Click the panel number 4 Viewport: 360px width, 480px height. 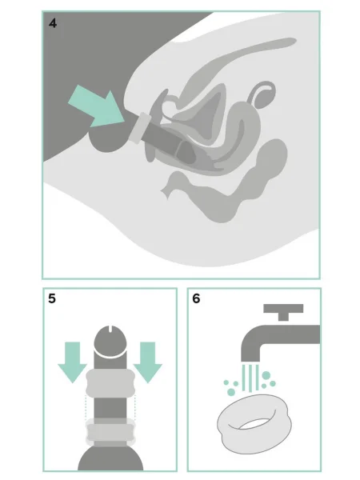click(53, 23)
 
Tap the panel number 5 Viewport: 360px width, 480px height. click(52, 298)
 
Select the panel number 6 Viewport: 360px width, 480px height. click(196, 298)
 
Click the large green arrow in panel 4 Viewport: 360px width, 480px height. click(97, 106)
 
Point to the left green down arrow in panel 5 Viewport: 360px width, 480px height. click(73, 362)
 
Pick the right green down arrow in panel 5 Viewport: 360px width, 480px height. click(148, 362)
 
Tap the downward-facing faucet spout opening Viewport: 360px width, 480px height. click(250, 361)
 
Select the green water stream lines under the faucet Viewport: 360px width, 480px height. click(250, 378)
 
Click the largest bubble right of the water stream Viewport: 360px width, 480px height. click(266, 375)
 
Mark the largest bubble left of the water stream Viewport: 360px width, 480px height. click(231, 392)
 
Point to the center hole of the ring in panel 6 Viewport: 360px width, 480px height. click(254, 424)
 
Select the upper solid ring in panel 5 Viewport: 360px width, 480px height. click(110, 383)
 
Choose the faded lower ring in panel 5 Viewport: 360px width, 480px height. click(110, 432)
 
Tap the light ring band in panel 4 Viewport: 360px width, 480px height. click(140, 128)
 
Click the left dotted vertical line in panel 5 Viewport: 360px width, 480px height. click(86, 408)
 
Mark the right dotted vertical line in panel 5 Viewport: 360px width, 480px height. click(135, 408)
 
